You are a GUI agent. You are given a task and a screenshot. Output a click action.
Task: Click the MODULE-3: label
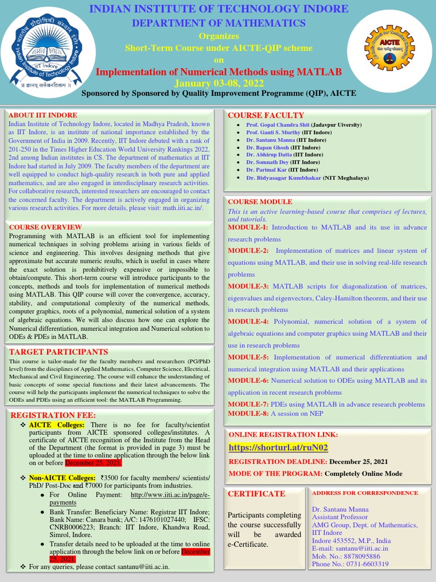click(x=248, y=286)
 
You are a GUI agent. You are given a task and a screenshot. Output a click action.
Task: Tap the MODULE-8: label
click(x=248, y=413)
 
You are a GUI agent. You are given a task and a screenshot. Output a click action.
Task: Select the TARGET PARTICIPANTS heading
click(x=58, y=352)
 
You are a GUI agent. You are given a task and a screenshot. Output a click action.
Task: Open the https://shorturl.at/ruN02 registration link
click(x=278, y=448)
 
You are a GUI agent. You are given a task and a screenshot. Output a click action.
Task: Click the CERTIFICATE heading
click(x=256, y=494)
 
